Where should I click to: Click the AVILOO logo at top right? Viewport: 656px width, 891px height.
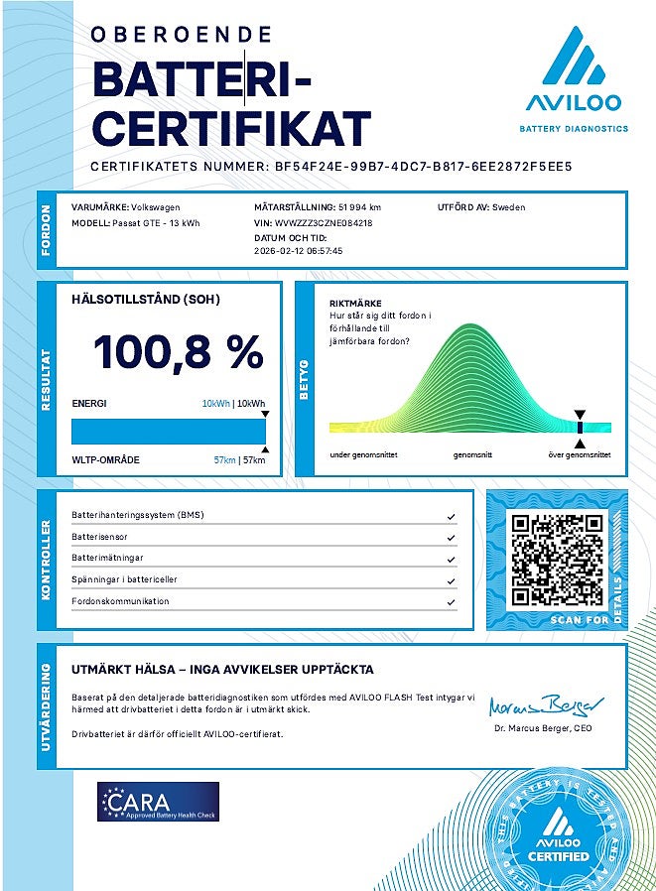574,77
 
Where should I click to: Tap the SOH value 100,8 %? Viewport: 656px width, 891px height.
179,353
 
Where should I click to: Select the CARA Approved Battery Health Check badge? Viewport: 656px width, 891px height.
158,802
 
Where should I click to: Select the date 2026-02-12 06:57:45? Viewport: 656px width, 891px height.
299,252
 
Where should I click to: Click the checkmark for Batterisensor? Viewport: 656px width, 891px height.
452,538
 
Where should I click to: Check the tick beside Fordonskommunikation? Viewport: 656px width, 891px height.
452,602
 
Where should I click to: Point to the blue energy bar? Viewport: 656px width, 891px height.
167,431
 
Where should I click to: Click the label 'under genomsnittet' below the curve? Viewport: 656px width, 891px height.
361,454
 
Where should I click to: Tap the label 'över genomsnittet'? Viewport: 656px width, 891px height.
580,454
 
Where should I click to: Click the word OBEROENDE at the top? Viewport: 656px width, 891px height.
181,35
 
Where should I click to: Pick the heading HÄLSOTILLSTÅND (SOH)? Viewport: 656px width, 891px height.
146,299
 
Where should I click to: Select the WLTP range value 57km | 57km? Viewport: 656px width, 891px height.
239,460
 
